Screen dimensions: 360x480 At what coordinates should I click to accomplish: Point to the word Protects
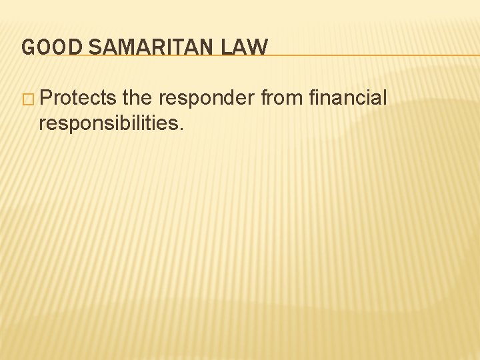click(78, 99)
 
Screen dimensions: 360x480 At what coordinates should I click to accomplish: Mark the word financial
click(348, 99)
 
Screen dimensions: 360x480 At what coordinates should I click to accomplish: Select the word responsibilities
click(107, 123)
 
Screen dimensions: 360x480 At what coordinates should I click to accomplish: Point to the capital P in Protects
click(45, 99)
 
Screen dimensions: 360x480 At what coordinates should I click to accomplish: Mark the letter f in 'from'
click(263, 99)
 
